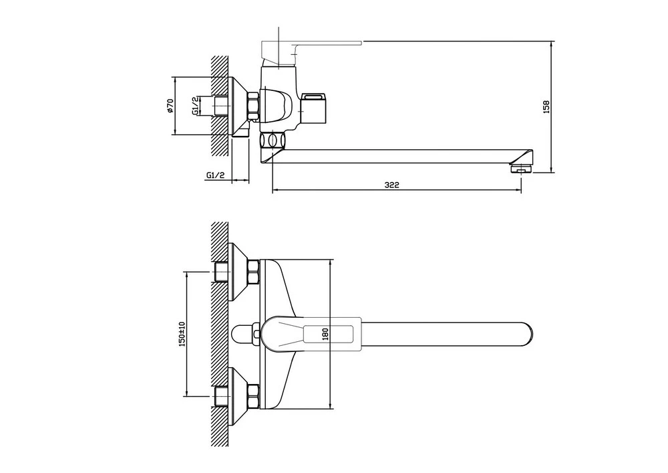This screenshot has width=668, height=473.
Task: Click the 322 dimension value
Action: tap(391, 185)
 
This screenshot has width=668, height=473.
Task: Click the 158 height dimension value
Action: tap(546, 106)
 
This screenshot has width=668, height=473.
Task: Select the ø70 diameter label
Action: tap(170, 105)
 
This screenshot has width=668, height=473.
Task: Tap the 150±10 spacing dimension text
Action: tap(182, 333)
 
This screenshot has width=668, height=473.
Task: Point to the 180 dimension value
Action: tap(326, 334)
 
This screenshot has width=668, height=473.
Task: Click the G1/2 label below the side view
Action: tap(215, 175)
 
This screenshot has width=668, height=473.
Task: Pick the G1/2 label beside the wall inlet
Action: tap(195, 105)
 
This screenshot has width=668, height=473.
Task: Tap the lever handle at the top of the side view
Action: tap(311, 49)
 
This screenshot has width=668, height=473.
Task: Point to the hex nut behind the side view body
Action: tap(253, 106)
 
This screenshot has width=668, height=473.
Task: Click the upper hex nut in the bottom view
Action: tap(253, 272)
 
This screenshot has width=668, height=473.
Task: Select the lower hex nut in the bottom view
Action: tap(253, 397)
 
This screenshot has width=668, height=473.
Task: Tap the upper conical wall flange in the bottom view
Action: tap(238, 272)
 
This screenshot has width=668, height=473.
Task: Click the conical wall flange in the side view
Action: tap(238, 106)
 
